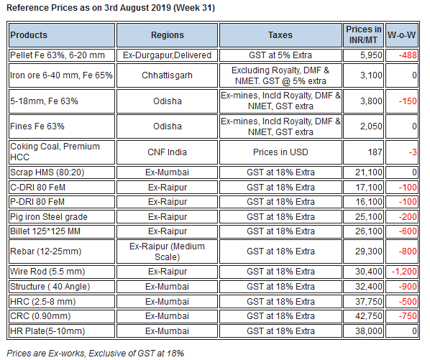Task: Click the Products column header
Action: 29,35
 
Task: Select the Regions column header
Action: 168,35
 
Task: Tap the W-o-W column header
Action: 401,35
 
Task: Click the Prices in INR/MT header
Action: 363,34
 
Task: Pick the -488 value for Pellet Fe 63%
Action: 408,55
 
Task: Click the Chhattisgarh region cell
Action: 167,75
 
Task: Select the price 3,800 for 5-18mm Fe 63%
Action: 371,101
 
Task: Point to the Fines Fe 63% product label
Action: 37,126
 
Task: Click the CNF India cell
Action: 167,152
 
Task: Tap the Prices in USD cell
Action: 280,152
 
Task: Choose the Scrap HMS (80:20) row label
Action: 47,172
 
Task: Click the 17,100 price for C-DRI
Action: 369,188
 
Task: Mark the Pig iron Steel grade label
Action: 49,217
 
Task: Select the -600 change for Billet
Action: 408,231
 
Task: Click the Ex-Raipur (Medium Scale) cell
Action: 167,251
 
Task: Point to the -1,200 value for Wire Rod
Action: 404,272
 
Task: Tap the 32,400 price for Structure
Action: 369,287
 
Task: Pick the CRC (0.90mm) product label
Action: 40,316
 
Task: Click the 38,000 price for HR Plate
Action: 369,331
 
